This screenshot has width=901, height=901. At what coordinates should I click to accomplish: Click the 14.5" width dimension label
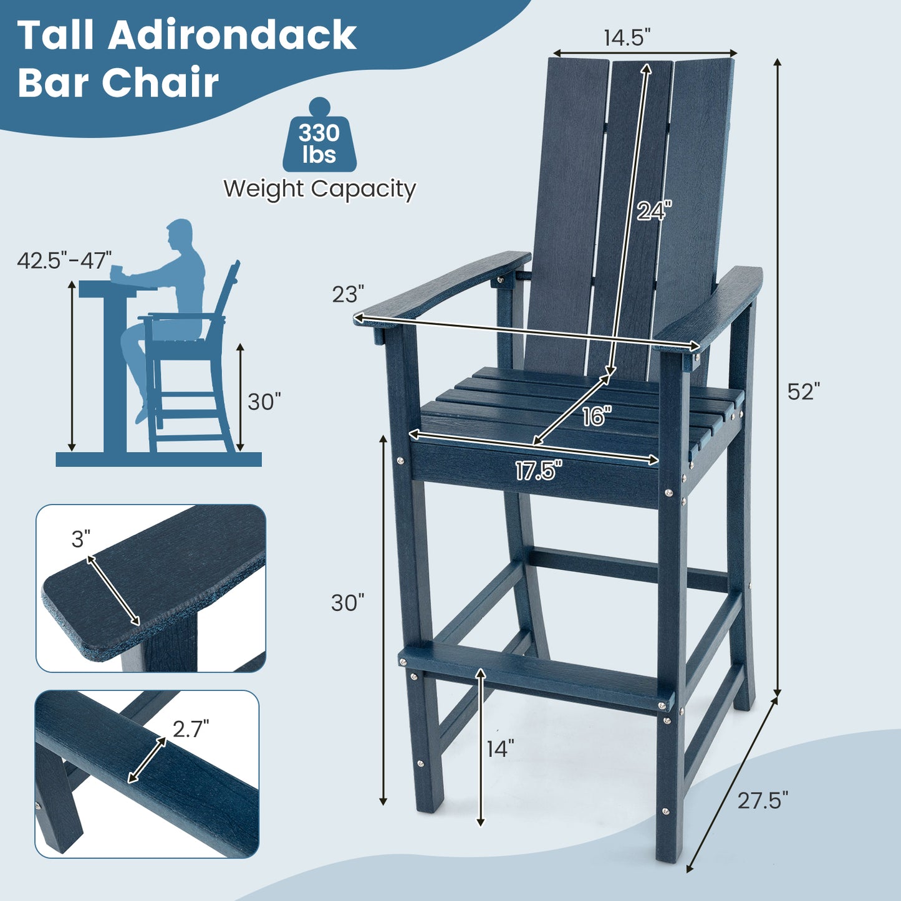click(627, 38)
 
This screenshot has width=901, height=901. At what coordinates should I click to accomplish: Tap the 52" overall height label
click(804, 392)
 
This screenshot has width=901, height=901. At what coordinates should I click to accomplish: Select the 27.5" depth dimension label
click(763, 800)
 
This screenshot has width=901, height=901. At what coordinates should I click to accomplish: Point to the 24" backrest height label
click(654, 211)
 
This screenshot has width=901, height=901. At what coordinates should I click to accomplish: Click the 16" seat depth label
click(597, 417)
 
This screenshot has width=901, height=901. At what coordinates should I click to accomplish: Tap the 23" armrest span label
click(347, 294)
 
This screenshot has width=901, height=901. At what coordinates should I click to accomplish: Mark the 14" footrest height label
click(501, 749)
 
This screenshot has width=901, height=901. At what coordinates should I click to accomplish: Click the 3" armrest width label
click(81, 539)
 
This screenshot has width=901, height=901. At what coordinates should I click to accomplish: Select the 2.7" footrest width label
click(191, 728)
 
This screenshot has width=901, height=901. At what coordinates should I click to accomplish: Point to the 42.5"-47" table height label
click(64, 260)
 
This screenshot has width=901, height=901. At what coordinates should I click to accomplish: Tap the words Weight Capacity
click(319, 188)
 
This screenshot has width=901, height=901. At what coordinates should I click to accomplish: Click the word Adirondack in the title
click(232, 36)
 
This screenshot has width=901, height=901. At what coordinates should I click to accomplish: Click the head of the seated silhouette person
click(180, 234)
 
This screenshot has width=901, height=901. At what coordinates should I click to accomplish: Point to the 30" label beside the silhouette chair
click(264, 402)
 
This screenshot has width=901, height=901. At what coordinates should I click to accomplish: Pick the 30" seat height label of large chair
click(347, 602)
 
